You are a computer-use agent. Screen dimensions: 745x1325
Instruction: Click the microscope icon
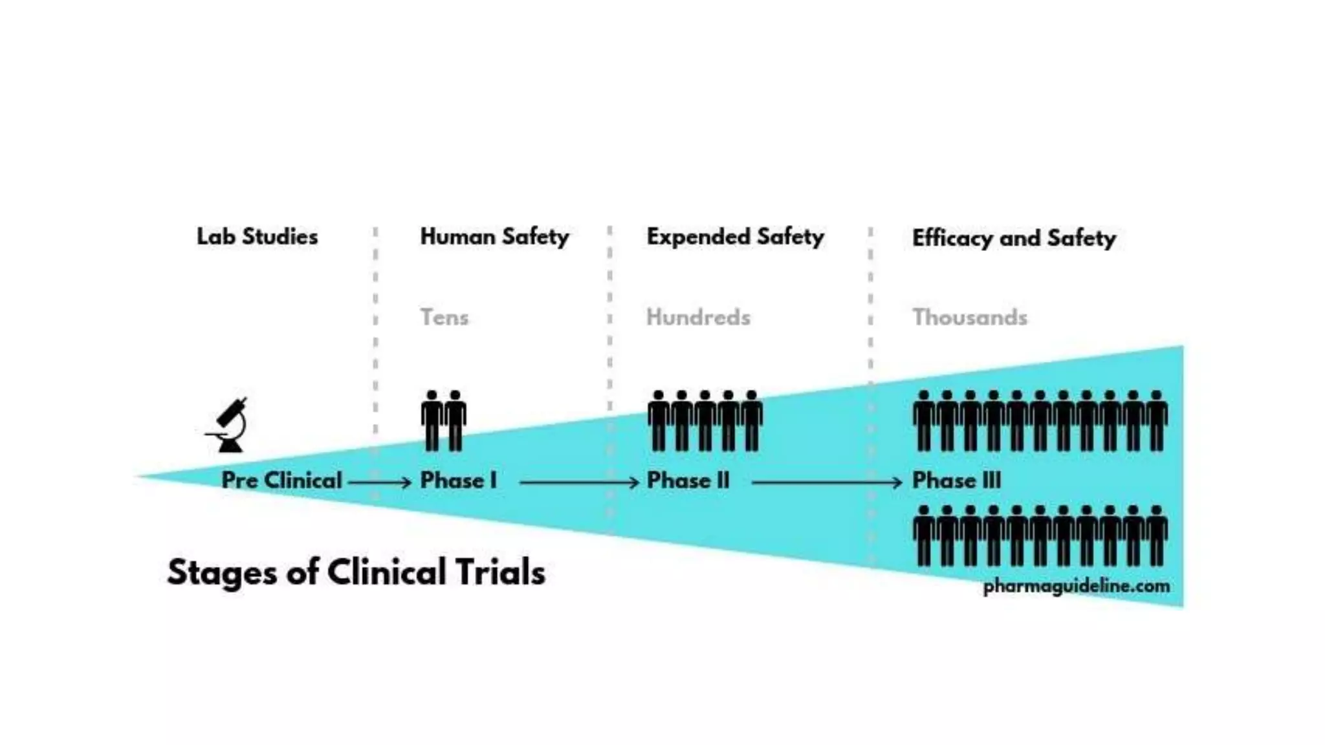tap(228, 425)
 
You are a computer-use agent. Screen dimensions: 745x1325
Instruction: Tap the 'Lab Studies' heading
tap(257, 237)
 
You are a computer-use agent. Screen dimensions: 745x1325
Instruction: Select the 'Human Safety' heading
tap(494, 237)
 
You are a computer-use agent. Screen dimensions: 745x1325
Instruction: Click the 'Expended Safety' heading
tap(735, 237)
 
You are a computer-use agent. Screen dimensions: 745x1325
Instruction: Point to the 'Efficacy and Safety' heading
tap(1013, 238)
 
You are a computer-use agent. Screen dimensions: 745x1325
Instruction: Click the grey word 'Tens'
tap(444, 317)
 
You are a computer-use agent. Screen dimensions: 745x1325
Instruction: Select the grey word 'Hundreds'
tap(698, 317)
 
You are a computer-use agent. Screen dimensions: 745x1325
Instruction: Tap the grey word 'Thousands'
tap(969, 317)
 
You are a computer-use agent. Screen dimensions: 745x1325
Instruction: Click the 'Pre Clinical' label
tap(281, 480)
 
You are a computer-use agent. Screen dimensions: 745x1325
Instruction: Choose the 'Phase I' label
tap(458, 480)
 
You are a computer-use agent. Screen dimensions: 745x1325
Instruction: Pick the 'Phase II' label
tap(688, 480)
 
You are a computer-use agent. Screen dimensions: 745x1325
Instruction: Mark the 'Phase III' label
tap(956, 480)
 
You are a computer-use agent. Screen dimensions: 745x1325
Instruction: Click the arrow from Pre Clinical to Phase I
tap(380, 482)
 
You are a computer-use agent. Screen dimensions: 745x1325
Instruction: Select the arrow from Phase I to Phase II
tap(579, 482)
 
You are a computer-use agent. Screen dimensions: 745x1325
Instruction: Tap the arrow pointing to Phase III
tap(826, 482)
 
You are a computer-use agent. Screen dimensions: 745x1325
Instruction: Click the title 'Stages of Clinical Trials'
tap(356, 572)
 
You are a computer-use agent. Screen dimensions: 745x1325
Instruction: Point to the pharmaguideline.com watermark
tap(1076, 587)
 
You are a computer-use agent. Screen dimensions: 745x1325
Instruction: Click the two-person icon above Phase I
tap(444, 420)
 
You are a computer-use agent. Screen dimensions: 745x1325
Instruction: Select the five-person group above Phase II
tap(705, 420)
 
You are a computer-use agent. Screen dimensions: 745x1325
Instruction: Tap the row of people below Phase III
tap(1040, 535)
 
